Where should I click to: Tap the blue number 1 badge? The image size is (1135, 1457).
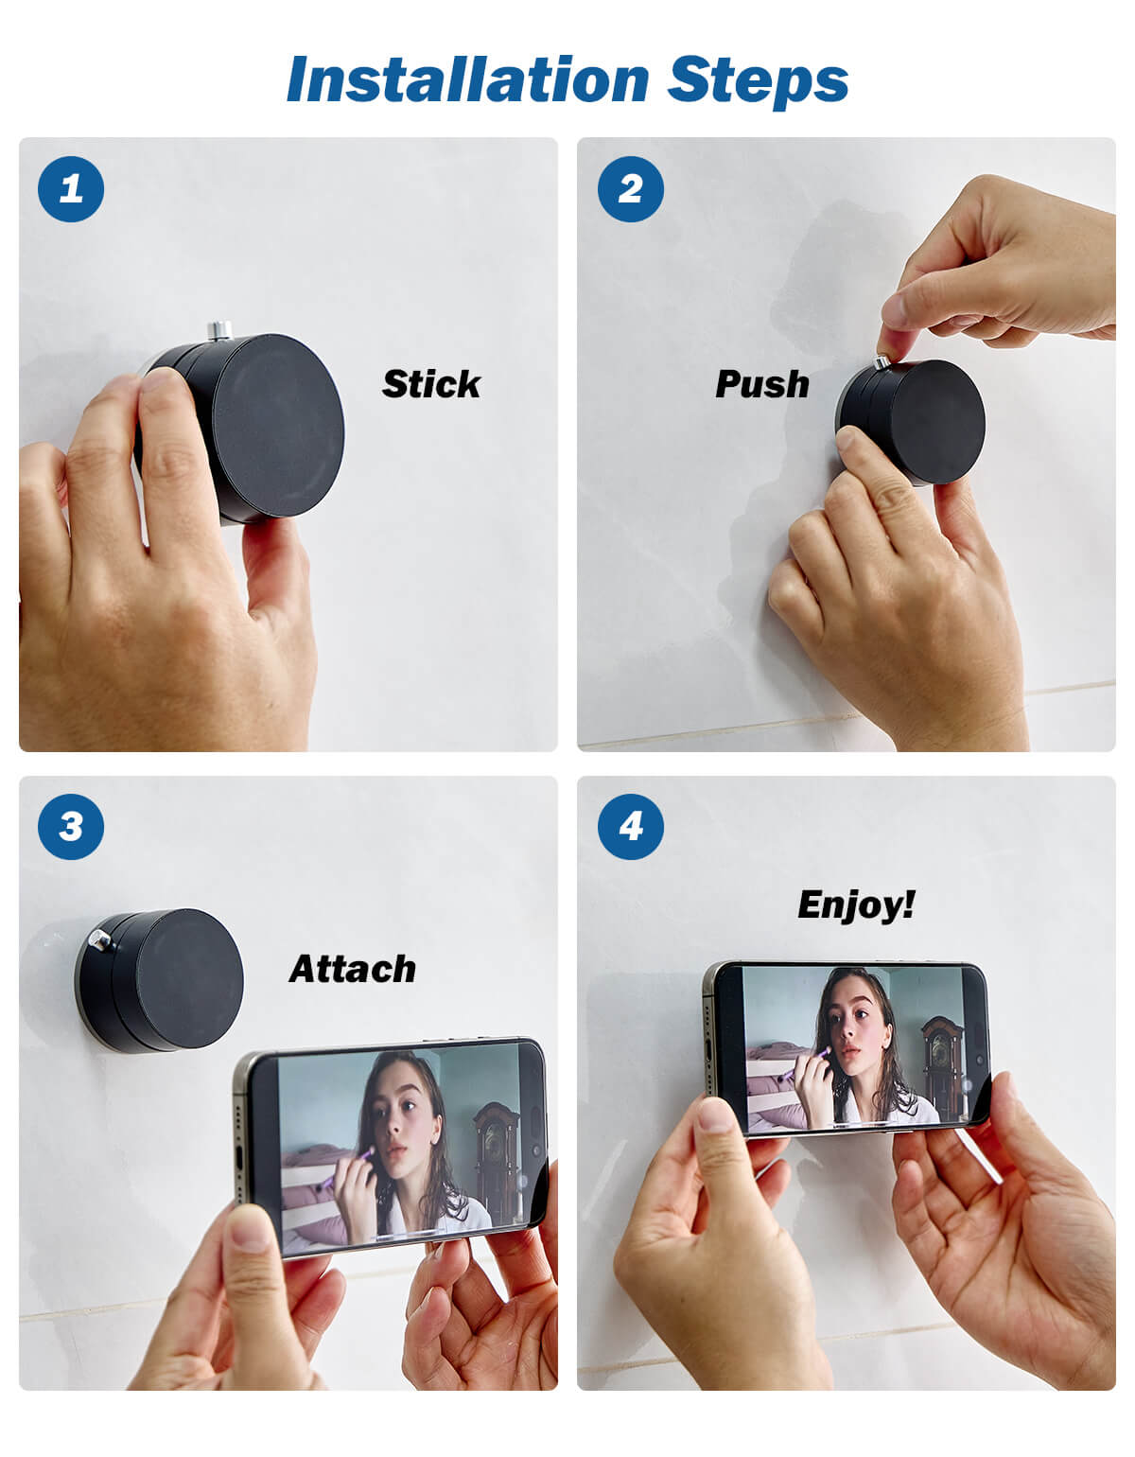(71, 188)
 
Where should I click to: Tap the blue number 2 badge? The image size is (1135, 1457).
(631, 188)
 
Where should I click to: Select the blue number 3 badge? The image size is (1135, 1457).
(71, 826)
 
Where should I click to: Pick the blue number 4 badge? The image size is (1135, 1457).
(631, 826)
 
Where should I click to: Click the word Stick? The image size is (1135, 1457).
(431, 384)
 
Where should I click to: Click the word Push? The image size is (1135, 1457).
(762, 384)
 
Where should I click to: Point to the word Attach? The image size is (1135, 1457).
(353, 969)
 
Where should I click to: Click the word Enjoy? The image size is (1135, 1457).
(856, 904)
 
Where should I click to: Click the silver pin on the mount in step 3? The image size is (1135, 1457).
(98, 939)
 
